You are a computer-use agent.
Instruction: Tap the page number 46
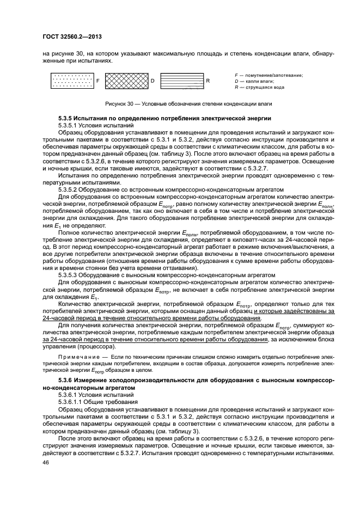[x=46, y=462]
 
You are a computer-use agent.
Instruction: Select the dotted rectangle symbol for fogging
[x=72, y=81]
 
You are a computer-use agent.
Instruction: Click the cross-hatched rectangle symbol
[x=126, y=81]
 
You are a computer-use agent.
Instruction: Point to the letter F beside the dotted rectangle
[x=98, y=81]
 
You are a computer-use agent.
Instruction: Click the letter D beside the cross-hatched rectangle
[x=152, y=81]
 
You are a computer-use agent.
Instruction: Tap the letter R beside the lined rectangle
[x=208, y=81]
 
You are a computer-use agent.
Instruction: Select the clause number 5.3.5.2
[x=70, y=189]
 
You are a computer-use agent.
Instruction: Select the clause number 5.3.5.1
[x=70, y=125]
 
